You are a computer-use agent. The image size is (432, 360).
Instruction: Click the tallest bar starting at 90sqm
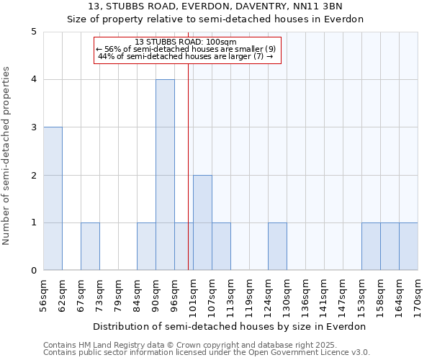point(165,175)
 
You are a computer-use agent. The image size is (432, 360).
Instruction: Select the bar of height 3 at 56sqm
point(53,199)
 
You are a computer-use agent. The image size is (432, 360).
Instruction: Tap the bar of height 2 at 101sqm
point(202,222)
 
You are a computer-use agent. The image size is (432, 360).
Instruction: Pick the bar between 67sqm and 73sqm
point(90,246)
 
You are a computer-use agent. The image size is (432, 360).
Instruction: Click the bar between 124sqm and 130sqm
point(277,246)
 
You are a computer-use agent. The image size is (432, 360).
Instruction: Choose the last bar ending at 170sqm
point(408,246)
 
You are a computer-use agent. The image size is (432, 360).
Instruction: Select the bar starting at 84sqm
point(146,246)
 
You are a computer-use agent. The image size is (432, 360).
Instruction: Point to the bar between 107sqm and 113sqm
point(221,246)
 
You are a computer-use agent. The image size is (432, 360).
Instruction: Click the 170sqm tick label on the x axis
point(418,296)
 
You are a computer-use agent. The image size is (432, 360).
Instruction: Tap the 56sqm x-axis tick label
point(43,296)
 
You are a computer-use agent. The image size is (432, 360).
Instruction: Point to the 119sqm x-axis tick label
point(249,296)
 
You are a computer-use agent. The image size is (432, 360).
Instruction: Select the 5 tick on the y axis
point(34,32)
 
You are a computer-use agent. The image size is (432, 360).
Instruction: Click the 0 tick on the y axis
point(34,271)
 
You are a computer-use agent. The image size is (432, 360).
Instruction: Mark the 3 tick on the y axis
point(34,127)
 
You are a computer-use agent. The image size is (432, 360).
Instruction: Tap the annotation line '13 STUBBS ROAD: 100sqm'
point(186,42)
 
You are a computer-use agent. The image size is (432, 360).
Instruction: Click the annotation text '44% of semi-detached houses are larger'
point(186,56)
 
